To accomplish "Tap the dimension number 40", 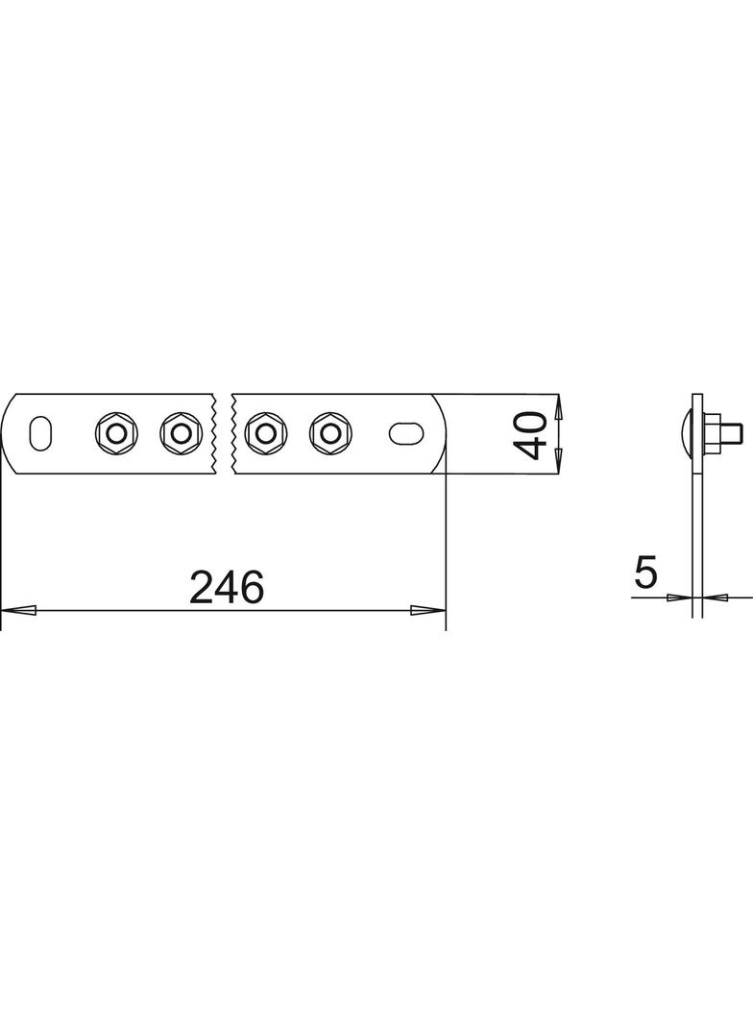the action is (x=530, y=435).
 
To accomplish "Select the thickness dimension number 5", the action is (x=645, y=573).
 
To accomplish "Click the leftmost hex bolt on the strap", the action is (x=115, y=432).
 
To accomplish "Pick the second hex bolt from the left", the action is (x=180, y=432).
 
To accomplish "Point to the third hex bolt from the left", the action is (x=265, y=432).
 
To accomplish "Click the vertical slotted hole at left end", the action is (x=39, y=432).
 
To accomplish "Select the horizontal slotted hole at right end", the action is (x=406, y=432).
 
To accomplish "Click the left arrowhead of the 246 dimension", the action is (x=18, y=610).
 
